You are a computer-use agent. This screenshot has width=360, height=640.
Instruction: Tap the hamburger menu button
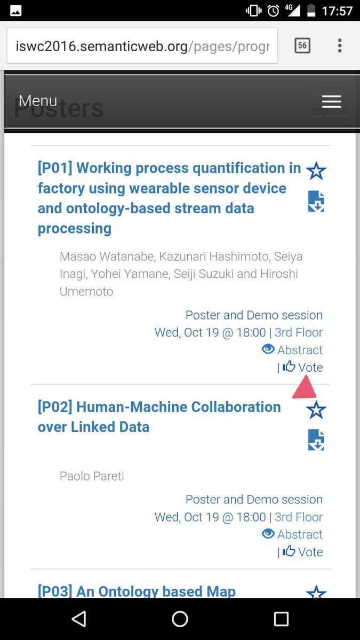pos(331,101)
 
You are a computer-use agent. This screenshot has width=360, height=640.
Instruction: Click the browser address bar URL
pos(142,46)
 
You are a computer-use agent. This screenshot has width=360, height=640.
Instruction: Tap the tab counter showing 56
pos(302,46)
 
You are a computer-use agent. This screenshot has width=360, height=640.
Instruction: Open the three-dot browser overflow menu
pos(340,46)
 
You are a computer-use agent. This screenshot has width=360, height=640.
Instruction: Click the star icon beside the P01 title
pos(316,171)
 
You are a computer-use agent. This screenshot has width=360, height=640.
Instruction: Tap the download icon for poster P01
pos(316,202)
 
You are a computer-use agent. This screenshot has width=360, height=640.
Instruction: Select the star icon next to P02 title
pos(316,410)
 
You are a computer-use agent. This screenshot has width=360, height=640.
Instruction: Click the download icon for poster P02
pos(316,440)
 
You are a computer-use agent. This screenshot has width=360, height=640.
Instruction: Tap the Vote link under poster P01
pos(303,367)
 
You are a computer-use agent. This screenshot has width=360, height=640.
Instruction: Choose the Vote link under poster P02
pos(303,551)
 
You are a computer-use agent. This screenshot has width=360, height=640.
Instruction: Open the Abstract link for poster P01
pos(293,350)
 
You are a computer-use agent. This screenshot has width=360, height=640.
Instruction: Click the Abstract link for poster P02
pos(293,534)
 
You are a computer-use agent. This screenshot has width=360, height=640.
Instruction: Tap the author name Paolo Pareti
pos(92,476)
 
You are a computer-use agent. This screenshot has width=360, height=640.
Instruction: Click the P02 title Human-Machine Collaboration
pos(159,417)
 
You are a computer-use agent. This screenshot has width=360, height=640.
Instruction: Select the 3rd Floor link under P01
pos(299,332)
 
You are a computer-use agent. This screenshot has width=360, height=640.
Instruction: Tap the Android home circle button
pos(180,619)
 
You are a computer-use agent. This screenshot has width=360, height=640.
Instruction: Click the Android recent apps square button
pos(281,619)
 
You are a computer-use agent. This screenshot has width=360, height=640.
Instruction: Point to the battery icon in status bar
pos(311,11)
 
